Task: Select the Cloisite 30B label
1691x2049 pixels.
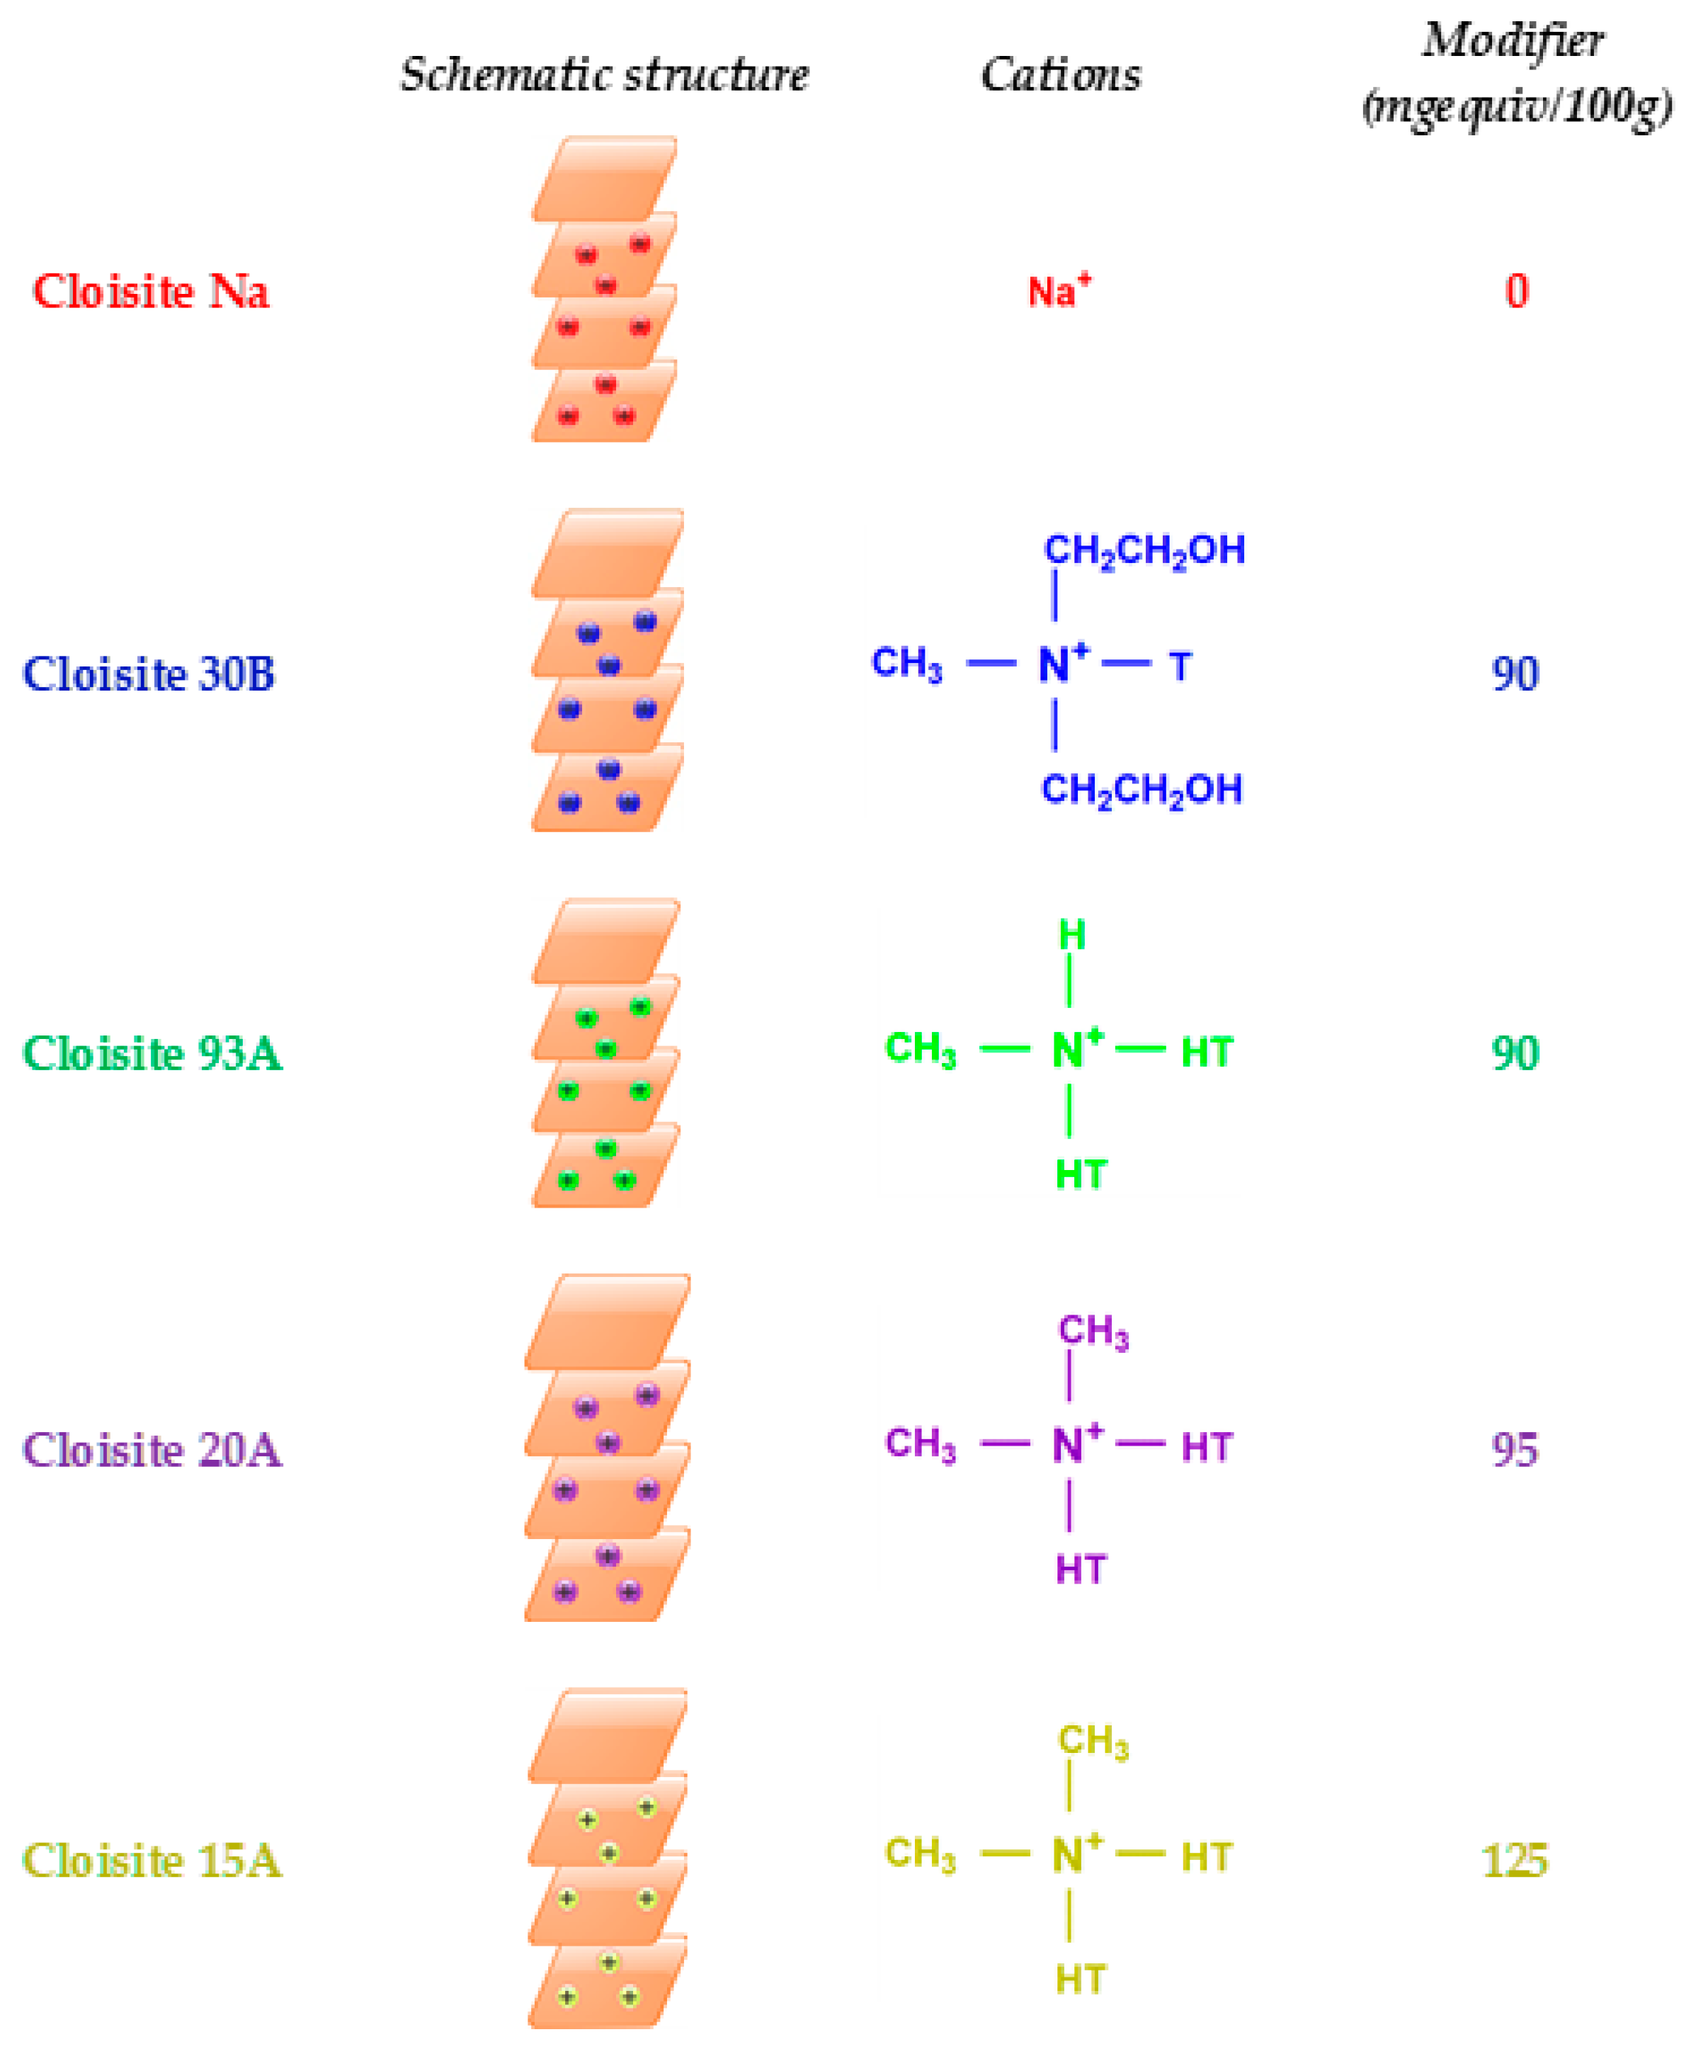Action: click(149, 674)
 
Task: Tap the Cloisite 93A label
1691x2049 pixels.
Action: click(152, 1053)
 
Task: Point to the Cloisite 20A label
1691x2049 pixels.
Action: click(152, 1450)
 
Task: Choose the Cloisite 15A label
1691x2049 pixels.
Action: click(152, 1861)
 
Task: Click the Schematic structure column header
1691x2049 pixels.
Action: click(604, 75)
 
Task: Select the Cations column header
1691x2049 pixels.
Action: click(1061, 75)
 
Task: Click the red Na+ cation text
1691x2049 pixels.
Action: click(1059, 291)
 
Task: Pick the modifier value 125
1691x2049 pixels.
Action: click(1515, 1861)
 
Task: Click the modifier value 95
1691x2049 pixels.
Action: click(1515, 1450)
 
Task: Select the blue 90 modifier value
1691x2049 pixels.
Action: click(1515, 674)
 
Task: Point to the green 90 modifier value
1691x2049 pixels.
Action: click(1515, 1053)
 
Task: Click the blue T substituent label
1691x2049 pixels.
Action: click(1180, 667)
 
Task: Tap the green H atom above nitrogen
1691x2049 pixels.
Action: click(1071, 936)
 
